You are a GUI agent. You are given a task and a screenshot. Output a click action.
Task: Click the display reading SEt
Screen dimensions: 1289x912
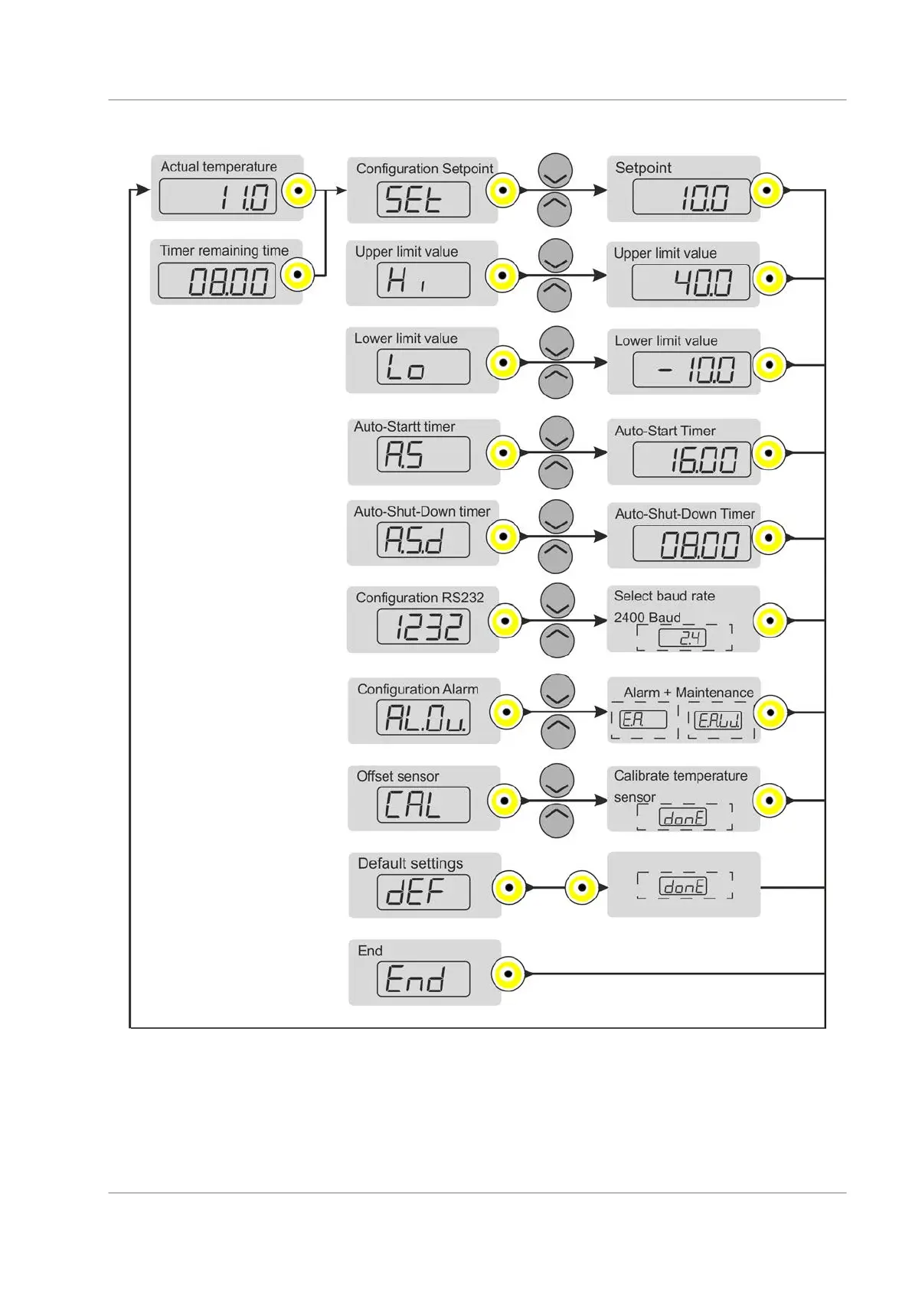tap(423, 200)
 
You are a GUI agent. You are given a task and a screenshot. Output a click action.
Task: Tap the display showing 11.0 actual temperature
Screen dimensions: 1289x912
tap(217, 196)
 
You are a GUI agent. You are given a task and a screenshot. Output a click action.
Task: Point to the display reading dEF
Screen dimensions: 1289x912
tap(423, 893)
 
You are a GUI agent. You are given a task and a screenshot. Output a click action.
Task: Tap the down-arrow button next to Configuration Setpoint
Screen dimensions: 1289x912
tap(555, 172)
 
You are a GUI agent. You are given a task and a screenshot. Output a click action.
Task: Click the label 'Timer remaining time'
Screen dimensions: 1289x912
tap(224, 250)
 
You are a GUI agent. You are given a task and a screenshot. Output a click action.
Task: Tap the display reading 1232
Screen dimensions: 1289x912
tap(423, 627)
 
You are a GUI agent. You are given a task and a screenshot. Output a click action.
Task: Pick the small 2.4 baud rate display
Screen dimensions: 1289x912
tap(683, 638)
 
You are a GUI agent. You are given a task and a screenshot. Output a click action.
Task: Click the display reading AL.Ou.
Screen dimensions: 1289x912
tap(423, 717)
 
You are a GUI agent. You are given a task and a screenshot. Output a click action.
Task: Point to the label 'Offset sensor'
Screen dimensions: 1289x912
tap(397, 776)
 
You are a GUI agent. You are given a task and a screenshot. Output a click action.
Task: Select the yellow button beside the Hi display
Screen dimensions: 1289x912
tap(503, 276)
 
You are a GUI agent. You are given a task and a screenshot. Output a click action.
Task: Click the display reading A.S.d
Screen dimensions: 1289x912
tap(423, 541)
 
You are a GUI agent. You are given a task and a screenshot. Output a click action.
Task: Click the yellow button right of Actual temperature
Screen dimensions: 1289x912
tap(299, 191)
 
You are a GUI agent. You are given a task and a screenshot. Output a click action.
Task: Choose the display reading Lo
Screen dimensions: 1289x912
tap(423, 367)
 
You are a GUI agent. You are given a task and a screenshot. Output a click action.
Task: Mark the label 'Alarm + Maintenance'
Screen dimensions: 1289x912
tap(688, 693)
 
